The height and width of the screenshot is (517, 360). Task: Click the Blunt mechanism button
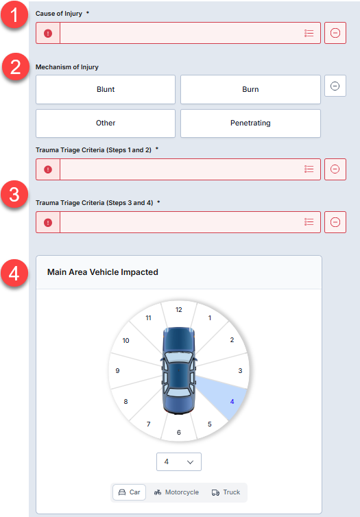(106, 89)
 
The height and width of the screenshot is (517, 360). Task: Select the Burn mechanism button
(250, 89)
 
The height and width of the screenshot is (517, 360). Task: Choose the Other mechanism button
(106, 123)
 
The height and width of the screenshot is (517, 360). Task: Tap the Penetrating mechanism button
(250, 123)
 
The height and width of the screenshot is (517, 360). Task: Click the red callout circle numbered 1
(14, 15)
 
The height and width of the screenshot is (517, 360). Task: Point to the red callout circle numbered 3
(14, 194)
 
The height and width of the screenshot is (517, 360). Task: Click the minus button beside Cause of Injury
(335, 33)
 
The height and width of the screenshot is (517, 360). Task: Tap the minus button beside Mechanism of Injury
(335, 86)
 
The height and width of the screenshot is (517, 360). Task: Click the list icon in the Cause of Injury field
(309, 34)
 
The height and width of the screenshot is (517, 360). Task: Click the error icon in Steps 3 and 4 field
(48, 223)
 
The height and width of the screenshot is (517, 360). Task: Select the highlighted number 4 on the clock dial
(232, 402)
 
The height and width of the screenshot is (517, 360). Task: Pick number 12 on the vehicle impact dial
(179, 310)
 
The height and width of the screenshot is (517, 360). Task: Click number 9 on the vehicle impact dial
(117, 370)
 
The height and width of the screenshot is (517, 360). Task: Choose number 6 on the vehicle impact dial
(179, 432)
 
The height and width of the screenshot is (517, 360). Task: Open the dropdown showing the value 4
(179, 462)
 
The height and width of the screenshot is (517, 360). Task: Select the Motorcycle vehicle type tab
(176, 492)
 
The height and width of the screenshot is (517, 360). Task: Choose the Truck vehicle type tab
(226, 492)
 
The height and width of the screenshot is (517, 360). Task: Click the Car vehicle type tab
(129, 492)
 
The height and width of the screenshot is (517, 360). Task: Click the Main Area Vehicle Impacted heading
(103, 272)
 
